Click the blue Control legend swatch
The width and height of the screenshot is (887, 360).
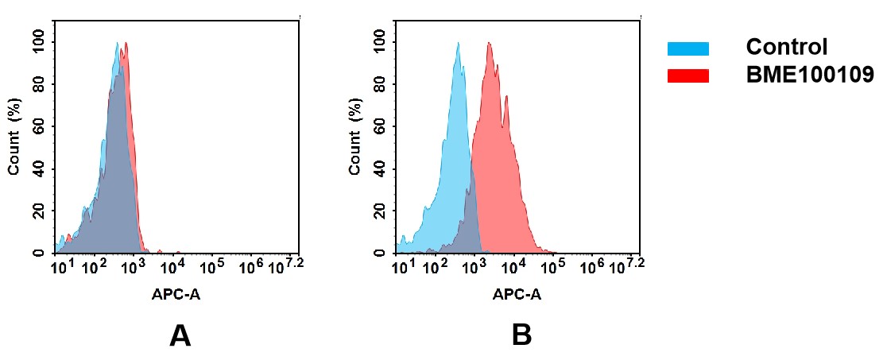point(688,48)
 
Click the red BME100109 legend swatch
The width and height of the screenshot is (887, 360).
point(688,75)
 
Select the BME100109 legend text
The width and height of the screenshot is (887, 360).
point(809,75)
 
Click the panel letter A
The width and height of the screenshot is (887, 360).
point(180,336)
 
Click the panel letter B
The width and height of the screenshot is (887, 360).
point(521,336)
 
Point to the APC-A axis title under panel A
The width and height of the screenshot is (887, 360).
point(176,294)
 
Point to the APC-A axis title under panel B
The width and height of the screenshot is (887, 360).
point(517,294)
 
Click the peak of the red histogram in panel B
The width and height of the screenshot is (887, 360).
point(490,45)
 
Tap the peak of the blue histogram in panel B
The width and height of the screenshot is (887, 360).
point(459,45)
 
